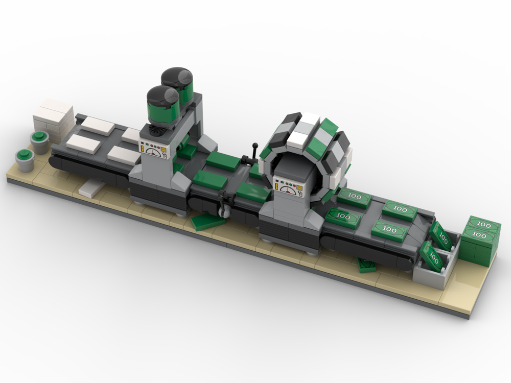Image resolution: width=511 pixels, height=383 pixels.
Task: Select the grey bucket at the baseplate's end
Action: point(24,159)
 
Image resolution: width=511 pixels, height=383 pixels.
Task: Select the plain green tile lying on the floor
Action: point(206,222)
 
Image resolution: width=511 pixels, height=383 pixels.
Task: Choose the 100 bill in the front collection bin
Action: point(432,257)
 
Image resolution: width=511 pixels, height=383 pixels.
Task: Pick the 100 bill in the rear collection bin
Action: point(441,234)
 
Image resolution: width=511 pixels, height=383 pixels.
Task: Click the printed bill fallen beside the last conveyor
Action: point(366,265)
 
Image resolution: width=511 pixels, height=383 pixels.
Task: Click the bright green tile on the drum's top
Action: point(329,128)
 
